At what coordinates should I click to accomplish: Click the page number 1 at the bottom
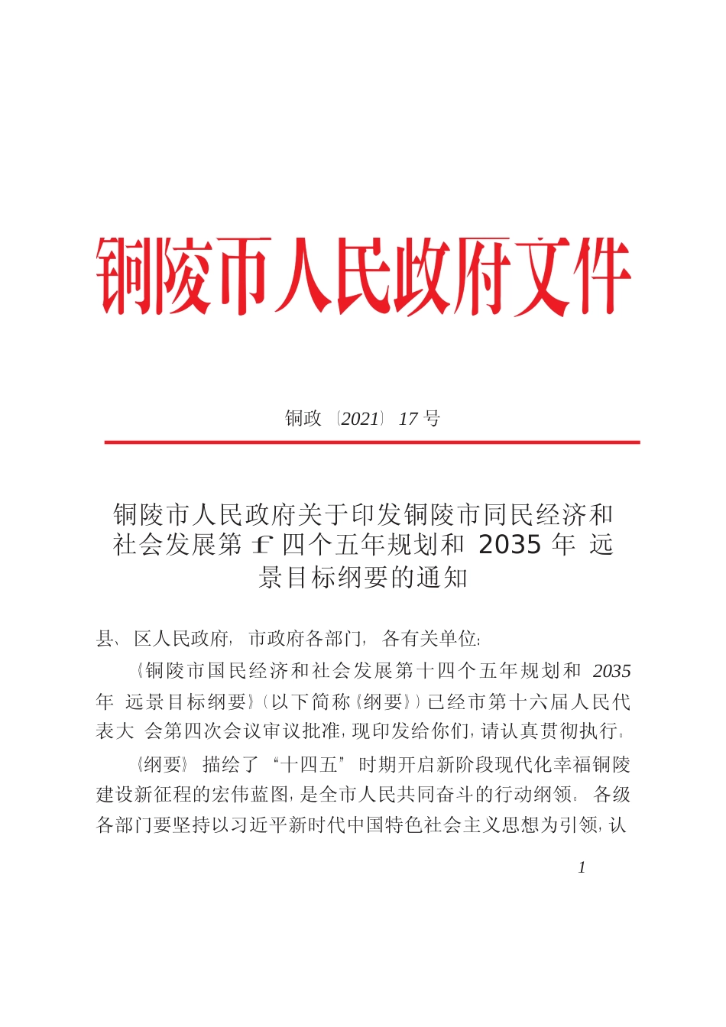pos(582,867)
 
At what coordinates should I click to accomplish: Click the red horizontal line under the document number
pos(371,442)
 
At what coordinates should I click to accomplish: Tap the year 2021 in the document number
pos(360,418)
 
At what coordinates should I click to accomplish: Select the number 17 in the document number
pos(408,418)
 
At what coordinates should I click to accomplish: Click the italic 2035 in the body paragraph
pos(611,671)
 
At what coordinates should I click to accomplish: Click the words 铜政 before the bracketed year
pos(303,418)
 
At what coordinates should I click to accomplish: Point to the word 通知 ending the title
pos(442,578)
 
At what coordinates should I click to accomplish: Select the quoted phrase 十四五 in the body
pos(310,765)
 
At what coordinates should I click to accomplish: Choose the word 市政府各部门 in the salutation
pos(306,638)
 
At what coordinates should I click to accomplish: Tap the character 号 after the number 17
pos(432,418)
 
